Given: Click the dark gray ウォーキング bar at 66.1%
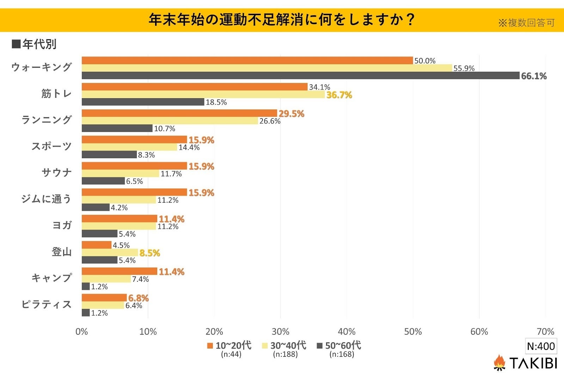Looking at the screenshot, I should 300,76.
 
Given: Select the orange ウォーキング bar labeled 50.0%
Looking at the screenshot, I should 247,60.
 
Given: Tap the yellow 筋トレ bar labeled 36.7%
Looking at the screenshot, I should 203,95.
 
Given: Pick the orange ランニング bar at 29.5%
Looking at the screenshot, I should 179,113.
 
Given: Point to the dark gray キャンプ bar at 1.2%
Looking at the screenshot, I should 86,286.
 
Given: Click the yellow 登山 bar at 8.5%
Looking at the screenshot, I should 110,252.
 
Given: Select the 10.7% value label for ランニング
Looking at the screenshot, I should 164,129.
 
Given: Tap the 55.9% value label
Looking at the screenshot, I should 464,68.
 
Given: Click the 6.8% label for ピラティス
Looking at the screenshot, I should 138,298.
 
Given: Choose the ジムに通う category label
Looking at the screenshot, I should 46,199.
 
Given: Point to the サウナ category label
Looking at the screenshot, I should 56,173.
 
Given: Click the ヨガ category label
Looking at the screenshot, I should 62,225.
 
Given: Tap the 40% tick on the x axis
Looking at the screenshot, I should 347,332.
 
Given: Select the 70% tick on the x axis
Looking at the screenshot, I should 545,332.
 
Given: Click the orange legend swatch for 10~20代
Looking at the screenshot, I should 210,346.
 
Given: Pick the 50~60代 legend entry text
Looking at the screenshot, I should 343,345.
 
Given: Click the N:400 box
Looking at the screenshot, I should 540,346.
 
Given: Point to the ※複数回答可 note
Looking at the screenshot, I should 526,23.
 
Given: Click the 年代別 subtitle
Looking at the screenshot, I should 39,44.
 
